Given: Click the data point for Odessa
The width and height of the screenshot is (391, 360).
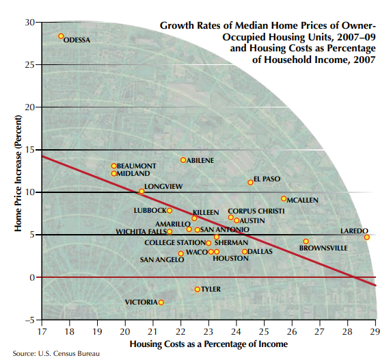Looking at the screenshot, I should click(x=61, y=36).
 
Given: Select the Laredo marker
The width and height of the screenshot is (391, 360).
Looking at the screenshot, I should click(x=367, y=237).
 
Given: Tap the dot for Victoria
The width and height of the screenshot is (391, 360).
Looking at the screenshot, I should click(x=161, y=302).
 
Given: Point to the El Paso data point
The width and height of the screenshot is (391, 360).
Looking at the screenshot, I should click(x=250, y=183).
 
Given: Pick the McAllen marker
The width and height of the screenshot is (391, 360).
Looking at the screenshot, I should click(x=284, y=198).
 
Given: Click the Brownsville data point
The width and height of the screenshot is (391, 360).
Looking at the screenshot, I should click(x=306, y=242).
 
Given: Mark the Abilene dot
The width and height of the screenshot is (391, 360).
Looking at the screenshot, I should click(x=183, y=160).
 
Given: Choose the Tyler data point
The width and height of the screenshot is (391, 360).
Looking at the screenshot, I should click(x=198, y=290).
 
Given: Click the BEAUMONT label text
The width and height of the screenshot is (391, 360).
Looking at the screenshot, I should click(x=137, y=166).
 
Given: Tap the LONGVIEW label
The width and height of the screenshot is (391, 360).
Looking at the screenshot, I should click(x=163, y=186).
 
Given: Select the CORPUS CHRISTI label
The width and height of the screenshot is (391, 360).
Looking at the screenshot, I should click(x=256, y=211).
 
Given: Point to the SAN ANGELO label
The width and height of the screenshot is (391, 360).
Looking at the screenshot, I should click(x=161, y=260).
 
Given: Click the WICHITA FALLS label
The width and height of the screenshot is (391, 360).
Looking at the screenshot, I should click(x=139, y=232).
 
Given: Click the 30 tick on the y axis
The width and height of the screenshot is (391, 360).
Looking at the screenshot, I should click(x=29, y=23).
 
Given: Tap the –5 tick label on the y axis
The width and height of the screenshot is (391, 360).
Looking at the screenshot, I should click(x=28, y=320).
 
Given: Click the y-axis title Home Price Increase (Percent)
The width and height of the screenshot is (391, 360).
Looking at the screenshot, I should click(x=18, y=175).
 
